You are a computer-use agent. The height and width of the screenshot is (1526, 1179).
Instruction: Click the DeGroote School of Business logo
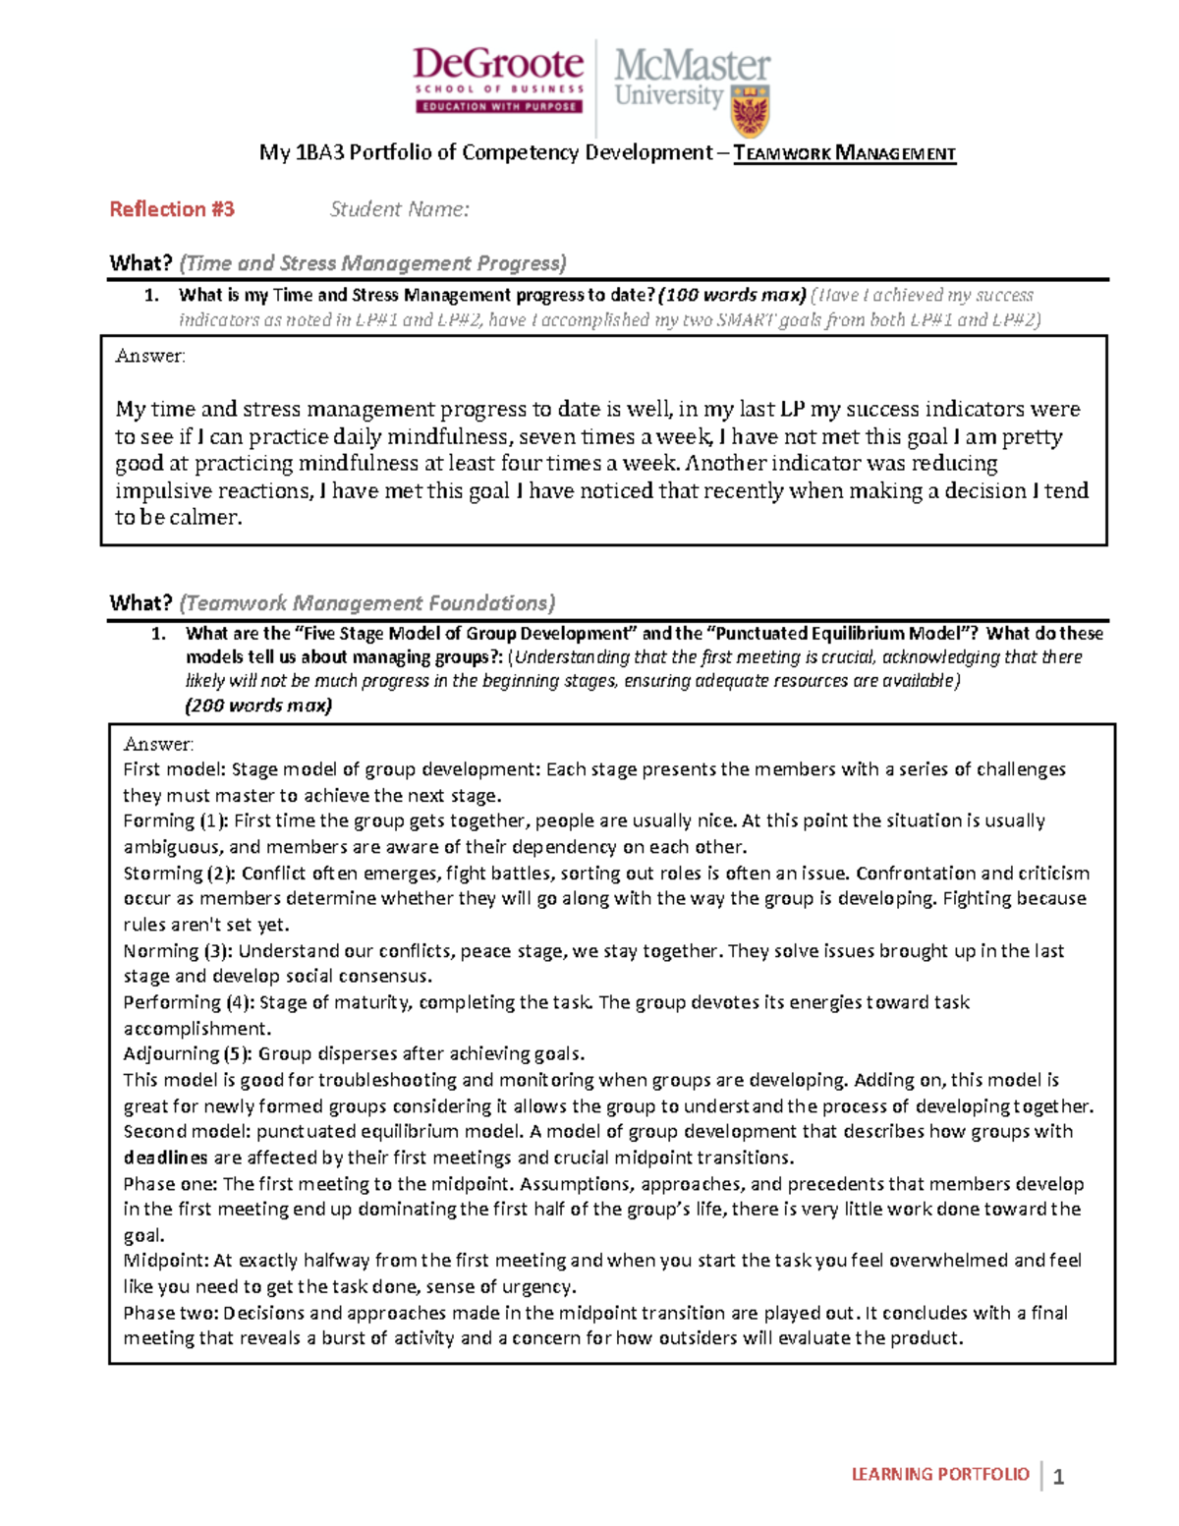[x=498, y=80]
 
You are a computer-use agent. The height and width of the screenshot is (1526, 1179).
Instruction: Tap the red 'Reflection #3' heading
[x=172, y=209]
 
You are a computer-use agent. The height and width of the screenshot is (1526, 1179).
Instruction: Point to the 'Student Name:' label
[x=399, y=209]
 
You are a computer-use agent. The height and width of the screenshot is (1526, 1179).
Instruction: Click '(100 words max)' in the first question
[x=732, y=295]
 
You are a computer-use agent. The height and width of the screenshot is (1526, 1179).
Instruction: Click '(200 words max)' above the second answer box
[x=258, y=706]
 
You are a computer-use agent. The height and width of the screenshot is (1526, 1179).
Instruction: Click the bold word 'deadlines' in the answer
[x=165, y=1158]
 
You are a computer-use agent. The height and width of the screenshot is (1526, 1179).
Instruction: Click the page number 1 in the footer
[x=1058, y=1477]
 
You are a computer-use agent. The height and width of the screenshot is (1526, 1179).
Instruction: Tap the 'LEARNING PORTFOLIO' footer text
[x=939, y=1474]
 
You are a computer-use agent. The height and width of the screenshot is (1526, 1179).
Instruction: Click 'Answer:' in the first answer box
[x=149, y=357]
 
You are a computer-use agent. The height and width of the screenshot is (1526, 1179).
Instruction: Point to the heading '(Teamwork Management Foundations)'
[x=367, y=603]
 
